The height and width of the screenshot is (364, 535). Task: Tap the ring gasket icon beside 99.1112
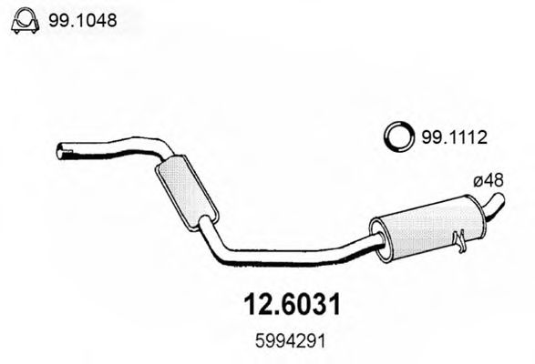(396, 137)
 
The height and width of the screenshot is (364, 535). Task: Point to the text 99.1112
(449, 138)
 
